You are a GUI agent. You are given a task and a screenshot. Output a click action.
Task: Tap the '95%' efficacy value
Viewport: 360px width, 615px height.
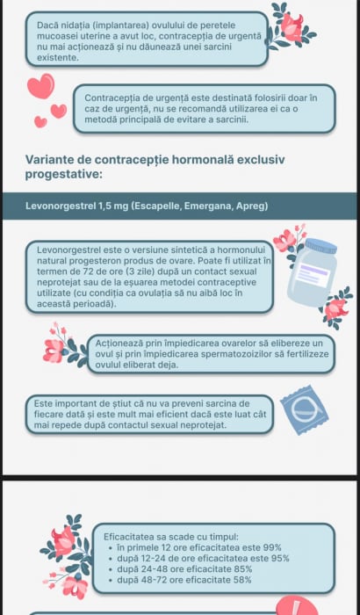[x=280, y=558]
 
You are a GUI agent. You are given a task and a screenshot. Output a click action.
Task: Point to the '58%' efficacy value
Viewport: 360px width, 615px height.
[x=241, y=580]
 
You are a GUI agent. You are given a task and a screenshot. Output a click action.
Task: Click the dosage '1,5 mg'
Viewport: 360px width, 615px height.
[x=113, y=206]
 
